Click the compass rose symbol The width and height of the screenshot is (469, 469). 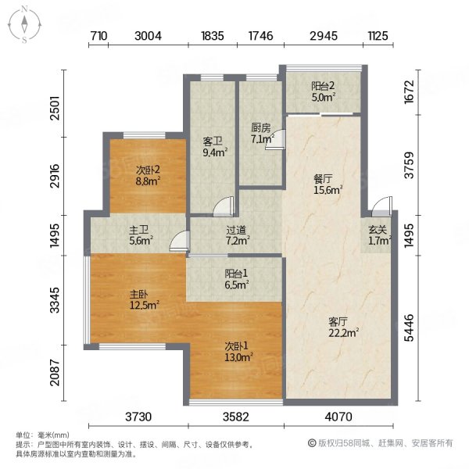click(x=24, y=25)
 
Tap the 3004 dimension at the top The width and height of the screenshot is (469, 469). click(x=148, y=36)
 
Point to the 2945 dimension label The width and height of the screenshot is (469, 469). click(x=324, y=36)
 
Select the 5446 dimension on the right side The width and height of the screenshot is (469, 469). click(x=409, y=328)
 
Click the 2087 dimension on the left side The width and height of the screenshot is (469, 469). click(x=55, y=372)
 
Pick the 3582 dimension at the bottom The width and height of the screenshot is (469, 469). click(x=236, y=417)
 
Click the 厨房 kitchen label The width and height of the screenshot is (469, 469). click(x=261, y=128)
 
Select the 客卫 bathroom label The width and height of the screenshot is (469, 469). click(x=213, y=141)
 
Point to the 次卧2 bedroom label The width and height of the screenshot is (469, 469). click(x=148, y=170)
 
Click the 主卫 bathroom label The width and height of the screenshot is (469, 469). click(x=139, y=230)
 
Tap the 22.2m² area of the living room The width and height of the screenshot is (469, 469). click(x=344, y=333)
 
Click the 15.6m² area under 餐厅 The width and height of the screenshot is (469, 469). click(x=328, y=190)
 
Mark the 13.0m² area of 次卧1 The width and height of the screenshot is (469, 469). click(x=239, y=357)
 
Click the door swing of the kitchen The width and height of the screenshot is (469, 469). click(x=274, y=138)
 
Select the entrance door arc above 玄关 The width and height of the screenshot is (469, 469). click(x=381, y=206)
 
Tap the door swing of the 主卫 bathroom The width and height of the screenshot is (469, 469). click(x=179, y=241)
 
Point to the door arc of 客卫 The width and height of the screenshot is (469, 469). click(x=223, y=206)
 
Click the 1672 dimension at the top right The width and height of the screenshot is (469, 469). click(x=409, y=91)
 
